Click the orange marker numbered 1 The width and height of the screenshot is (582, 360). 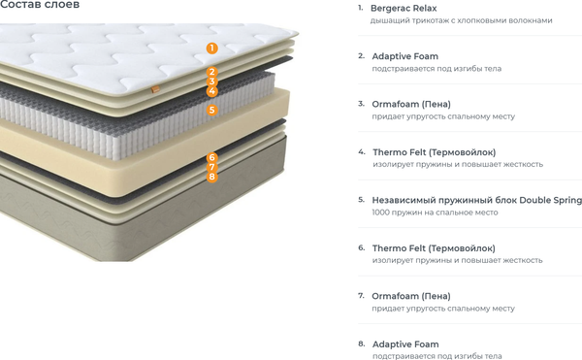(x=211, y=48)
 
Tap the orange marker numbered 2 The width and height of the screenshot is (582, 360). (x=211, y=72)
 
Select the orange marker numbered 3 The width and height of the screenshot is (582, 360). (x=211, y=82)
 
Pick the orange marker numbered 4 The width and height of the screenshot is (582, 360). (x=211, y=91)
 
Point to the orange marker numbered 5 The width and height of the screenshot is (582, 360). (x=211, y=110)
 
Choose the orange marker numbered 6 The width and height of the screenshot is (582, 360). (x=211, y=158)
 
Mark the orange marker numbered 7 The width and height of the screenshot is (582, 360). (x=211, y=167)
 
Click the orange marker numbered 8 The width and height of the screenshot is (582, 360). (x=211, y=177)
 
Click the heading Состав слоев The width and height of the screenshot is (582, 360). (x=40, y=5)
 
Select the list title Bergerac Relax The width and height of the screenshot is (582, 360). (x=404, y=8)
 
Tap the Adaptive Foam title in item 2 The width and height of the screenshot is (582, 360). (x=404, y=56)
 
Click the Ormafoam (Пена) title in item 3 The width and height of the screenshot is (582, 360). (x=411, y=104)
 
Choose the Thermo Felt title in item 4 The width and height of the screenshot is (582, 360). (x=435, y=152)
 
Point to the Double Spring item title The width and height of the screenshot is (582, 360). (x=477, y=201)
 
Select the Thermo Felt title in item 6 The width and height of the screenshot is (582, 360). (x=434, y=248)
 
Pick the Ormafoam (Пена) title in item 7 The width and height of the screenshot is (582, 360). (x=411, y=296)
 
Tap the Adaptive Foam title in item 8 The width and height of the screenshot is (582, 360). (x=405, y=344)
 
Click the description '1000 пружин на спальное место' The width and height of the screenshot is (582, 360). (x=435, y=213)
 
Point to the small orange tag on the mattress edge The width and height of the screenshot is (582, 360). (x=155, y=89)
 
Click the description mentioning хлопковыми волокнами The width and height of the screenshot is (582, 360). (x=462, y=20)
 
